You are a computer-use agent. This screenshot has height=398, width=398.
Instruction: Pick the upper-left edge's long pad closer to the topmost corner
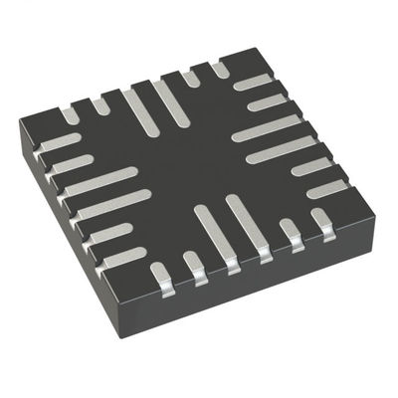coord(165,99)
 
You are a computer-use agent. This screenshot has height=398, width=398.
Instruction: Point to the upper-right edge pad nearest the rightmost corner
coord(327,186)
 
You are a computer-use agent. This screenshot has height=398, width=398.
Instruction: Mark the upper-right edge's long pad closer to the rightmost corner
coord(279,148)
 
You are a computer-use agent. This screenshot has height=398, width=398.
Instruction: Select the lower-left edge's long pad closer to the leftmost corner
coord(100,183)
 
